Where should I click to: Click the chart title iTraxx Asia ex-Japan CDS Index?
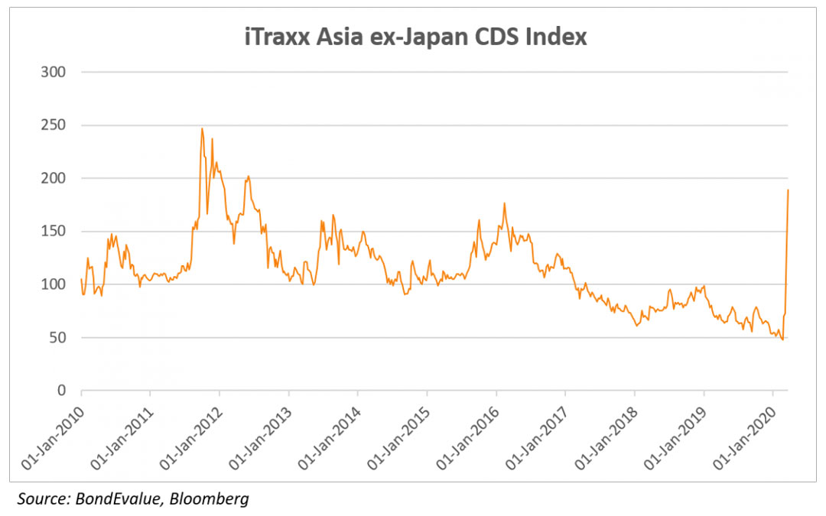coord(412,37)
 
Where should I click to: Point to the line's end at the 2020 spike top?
coord(788,190)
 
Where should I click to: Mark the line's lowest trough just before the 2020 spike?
coord(782,339)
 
